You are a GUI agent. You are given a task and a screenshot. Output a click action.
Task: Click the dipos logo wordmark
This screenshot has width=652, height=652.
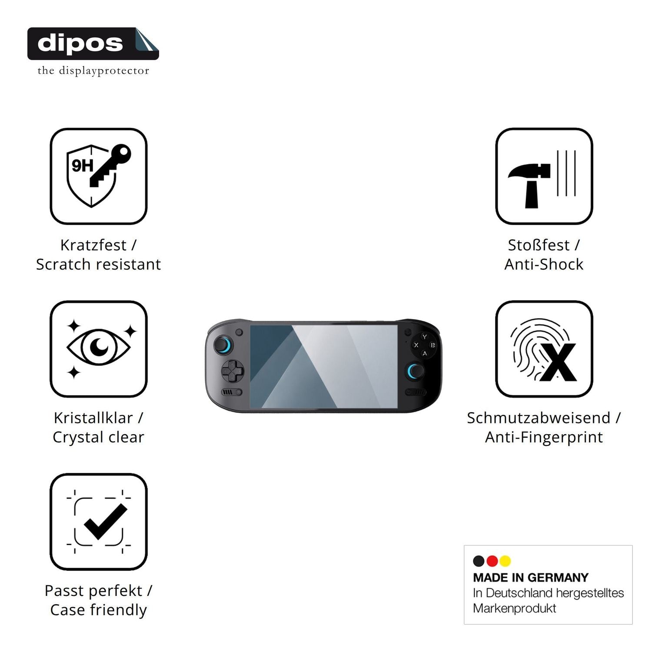[80, 43]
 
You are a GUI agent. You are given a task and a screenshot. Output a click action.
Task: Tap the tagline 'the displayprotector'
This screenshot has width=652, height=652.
[93, 71]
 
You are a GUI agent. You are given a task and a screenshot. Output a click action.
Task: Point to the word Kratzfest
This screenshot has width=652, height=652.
[93, 245]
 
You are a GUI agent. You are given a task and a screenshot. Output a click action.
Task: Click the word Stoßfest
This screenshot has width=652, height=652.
[539, 245]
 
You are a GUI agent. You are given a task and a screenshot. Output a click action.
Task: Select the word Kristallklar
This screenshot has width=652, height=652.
[93, 418]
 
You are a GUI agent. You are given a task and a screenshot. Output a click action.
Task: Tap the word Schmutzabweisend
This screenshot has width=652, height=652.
[539, 418]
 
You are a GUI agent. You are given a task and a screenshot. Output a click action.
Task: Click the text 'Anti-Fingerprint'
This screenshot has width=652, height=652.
[544, 437]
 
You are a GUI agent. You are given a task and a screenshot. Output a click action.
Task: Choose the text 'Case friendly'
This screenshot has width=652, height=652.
[99, 610]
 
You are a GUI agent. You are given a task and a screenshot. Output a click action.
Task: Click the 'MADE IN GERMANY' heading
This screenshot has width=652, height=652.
[531, 578]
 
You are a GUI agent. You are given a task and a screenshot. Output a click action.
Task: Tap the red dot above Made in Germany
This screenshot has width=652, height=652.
[492, 561]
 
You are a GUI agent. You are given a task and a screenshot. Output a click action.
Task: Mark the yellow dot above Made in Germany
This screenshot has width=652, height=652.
[505, 561]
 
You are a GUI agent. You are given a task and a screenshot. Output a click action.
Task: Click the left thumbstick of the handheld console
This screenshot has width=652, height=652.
[223, 346]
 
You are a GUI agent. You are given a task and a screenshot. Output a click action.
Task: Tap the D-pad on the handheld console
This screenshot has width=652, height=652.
[233, 372]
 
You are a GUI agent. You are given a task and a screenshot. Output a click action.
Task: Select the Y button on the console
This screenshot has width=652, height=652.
[425, 337]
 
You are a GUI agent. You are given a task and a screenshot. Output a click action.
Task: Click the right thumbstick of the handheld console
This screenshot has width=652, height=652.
[416, 371]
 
